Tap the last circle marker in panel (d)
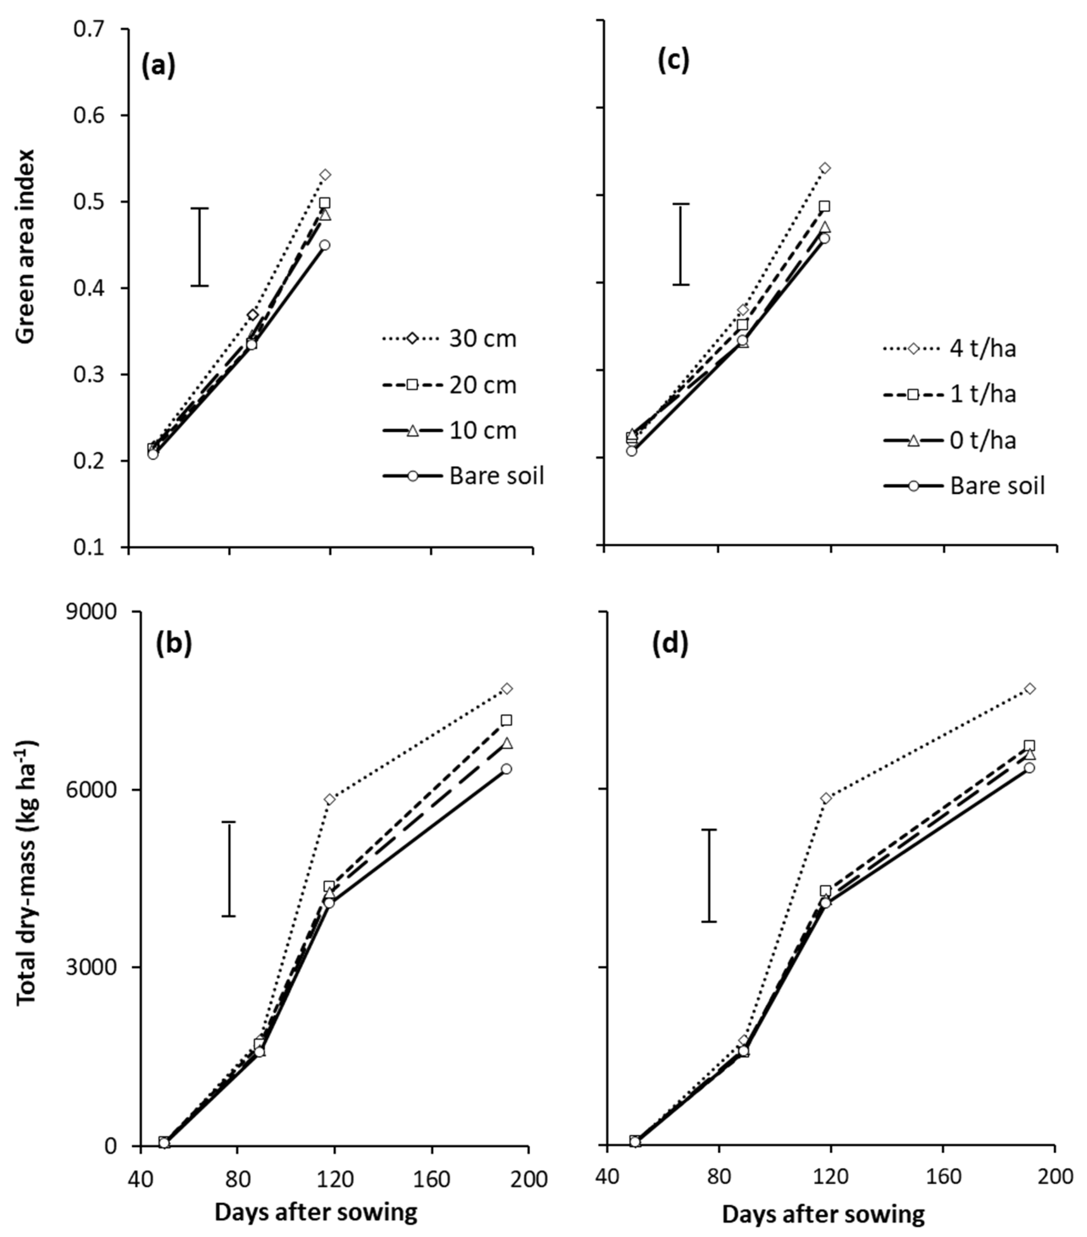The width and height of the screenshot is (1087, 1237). click(x=1029, y=768)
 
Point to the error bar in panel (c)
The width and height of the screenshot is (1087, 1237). click(x=681, y=244)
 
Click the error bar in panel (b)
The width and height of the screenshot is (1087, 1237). click(x=228, y=869)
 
